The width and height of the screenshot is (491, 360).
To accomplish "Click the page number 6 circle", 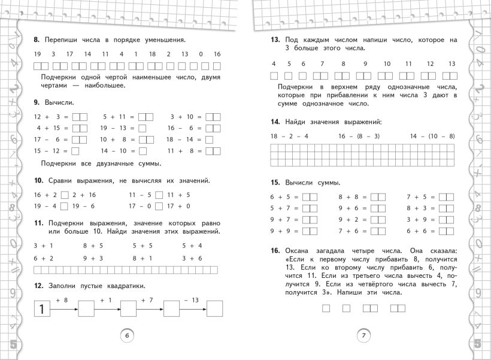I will (126, 335).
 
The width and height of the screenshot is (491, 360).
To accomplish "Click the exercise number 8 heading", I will (36, 40).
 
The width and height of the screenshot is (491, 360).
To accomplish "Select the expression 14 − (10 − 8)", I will (432, 137).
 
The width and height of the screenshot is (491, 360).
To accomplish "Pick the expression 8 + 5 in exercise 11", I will (93, 246).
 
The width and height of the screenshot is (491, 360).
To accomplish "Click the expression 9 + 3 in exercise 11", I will (93, 258).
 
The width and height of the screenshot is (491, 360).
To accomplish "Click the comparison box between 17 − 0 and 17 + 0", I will (159, 206).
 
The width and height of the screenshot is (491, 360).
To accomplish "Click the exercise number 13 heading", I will (275, 40).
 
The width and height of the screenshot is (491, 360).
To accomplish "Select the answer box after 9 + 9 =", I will (310, 231).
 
